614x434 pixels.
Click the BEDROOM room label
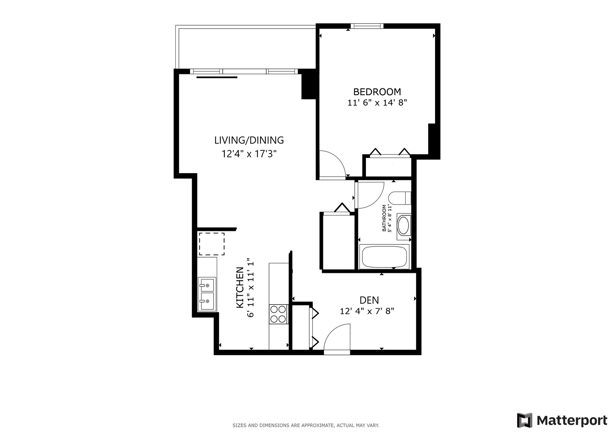tap(377, 92)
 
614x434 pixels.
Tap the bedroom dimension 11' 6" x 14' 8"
tap(377, 103)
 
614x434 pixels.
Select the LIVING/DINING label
tap(249, 140)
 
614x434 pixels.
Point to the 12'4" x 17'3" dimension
tap(249, 154)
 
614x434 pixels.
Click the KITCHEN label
tap(240, 288)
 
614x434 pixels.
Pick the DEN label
tap(369, 300)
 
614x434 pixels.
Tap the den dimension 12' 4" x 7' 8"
tap(367, 311)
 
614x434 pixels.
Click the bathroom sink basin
tap(403, 226)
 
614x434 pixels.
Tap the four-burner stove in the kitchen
tap(278, 314)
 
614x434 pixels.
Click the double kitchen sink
tap(207, 295)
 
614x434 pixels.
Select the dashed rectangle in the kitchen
tap(212, 244)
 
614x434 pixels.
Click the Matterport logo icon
tap(524, 420)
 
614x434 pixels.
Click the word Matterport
tap(572, 421)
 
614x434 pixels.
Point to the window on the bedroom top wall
tap(366, 27)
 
